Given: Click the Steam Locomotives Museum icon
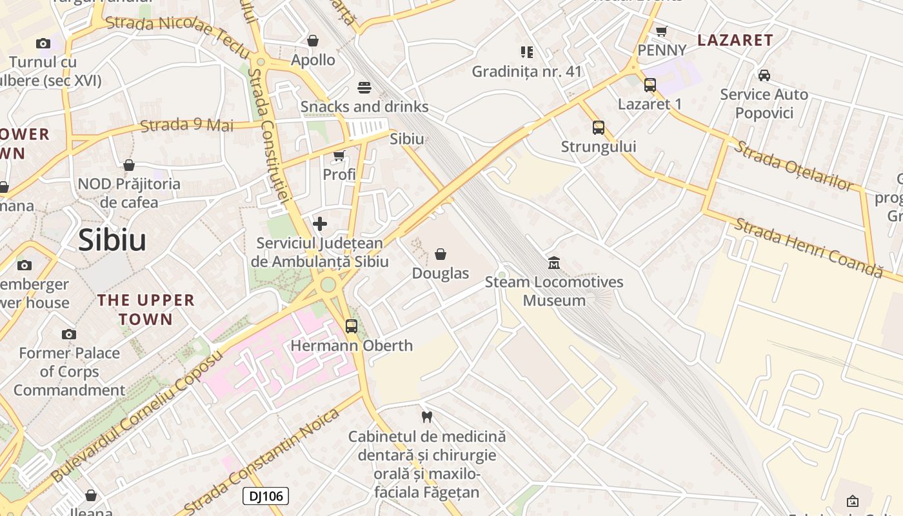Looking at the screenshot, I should (554, 263).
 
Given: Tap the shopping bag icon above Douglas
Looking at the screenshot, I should (441, 254).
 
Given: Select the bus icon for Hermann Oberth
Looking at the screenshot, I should (351, 326).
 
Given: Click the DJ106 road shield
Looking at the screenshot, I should (265, 496).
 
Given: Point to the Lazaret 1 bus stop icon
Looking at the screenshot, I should (650, 84).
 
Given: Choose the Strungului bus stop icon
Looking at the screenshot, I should (598, 127).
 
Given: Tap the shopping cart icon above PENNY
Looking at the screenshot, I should (661, 31).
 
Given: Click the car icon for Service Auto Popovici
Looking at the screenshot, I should (764, 75).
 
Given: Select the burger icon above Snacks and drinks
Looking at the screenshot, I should (364, 88).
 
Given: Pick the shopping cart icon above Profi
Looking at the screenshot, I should (339, 155).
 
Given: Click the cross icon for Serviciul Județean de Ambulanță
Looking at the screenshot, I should (319, 224).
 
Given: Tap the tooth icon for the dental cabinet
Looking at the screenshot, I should (426, 417).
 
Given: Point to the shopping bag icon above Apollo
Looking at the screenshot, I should (313, 41).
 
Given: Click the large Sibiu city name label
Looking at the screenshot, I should (112, 240).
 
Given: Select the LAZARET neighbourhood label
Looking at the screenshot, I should (735, 40).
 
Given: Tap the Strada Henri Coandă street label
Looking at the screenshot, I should (808, 248).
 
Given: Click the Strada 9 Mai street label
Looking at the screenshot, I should (187, 124).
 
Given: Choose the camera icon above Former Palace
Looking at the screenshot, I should (69, 334).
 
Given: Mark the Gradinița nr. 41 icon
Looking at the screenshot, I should (526, 52).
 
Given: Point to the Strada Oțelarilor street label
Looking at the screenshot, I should (793, 165).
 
